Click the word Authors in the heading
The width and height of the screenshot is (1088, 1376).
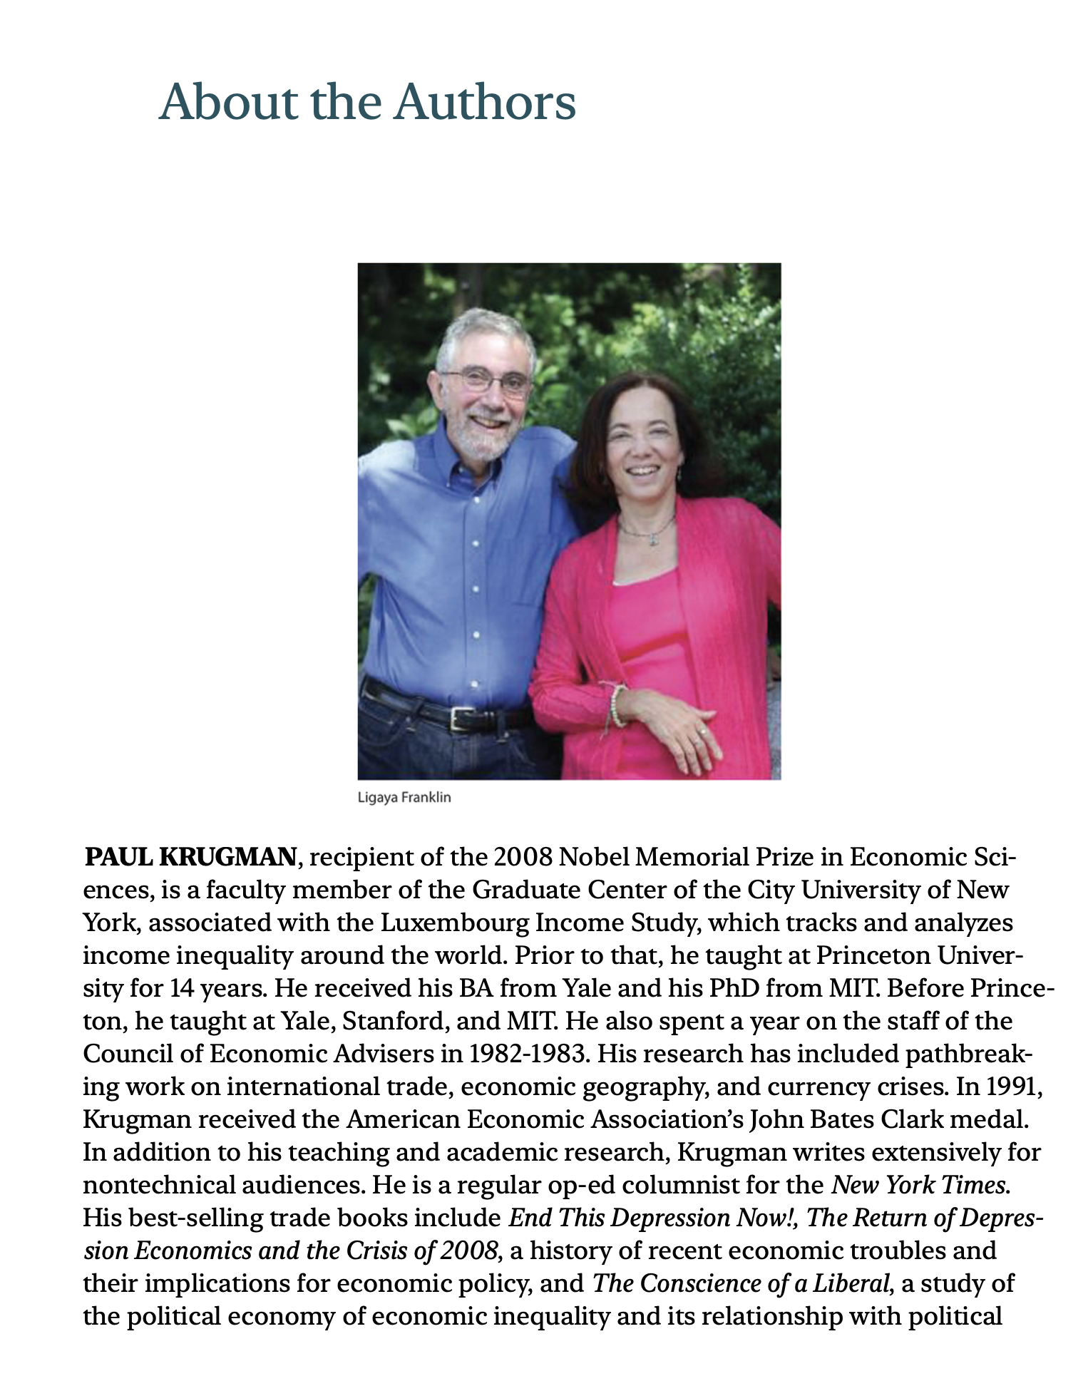point(485,103)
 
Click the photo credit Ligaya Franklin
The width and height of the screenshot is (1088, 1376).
point(404,797)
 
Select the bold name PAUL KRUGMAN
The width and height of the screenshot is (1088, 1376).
point(190,857)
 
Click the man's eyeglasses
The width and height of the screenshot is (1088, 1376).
point(488,381)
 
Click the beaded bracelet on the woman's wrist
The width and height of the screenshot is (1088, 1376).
point(617,705)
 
